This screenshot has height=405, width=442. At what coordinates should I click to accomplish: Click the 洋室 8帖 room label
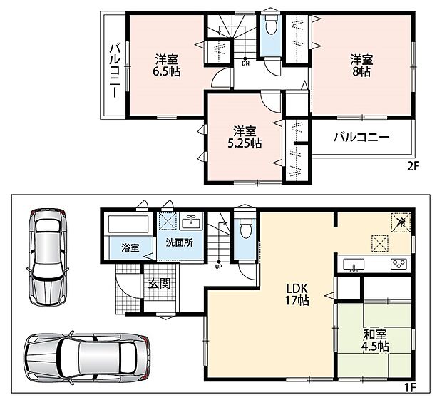tap(361, 66)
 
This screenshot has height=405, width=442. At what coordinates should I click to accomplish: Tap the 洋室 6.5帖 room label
tap(166, 66)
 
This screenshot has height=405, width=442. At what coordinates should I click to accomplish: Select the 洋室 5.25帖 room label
tap(245, 138)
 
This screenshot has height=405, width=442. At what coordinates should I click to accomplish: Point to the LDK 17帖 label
tap(297, 294)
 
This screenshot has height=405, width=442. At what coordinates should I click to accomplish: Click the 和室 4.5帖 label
tap(375, 340)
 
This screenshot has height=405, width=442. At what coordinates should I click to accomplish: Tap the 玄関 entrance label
tap(160, 284)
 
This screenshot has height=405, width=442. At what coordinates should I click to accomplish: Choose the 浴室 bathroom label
tap(130, 248)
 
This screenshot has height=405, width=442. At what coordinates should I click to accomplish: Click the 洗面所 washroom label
tap(179, 243)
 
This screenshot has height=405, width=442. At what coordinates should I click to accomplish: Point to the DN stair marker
tap(245, 63)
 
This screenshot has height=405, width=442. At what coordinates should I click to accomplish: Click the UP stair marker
tap(218, 266)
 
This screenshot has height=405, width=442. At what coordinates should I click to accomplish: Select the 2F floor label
tap(413, 166)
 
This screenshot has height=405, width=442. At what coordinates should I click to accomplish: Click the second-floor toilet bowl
tap(271, 25)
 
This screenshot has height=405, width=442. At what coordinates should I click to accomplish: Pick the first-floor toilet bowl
tap(245, 229)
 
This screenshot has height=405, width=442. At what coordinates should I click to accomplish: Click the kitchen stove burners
tap(399, 264)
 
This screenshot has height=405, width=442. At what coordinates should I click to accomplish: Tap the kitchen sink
tap(354, 265)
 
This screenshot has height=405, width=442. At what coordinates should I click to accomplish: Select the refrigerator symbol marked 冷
tap(401, 222)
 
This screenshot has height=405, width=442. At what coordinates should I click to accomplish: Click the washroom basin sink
tap(191, 221)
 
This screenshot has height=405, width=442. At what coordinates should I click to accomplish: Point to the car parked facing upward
tap(48, 257)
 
